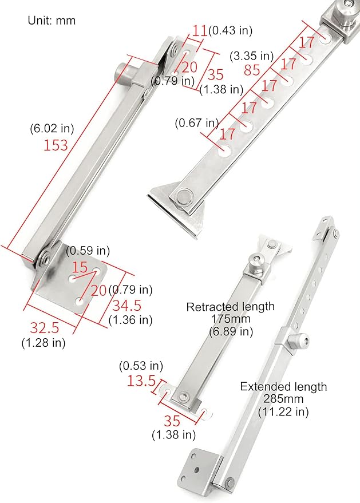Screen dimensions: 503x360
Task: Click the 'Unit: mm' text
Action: (52, 20)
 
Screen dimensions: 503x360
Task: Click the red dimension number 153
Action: (56, 145)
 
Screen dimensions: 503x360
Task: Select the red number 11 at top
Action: (199, 31)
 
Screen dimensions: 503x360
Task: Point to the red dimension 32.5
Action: (44, 328)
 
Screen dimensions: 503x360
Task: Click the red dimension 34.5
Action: (125, 305)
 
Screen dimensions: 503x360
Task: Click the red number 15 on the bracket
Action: (80, 268)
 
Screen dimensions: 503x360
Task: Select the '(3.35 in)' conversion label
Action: (251, 56)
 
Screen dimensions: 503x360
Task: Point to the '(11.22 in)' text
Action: (283, 411)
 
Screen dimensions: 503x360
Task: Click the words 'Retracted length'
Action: (230, 307)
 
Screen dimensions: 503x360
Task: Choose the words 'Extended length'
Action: (283, 387)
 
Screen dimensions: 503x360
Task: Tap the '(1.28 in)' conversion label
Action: (43, 343)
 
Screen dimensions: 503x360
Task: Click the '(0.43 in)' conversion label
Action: (231, 29)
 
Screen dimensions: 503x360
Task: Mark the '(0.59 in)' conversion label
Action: (88, 251)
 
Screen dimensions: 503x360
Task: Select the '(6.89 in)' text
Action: (230, 331)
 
